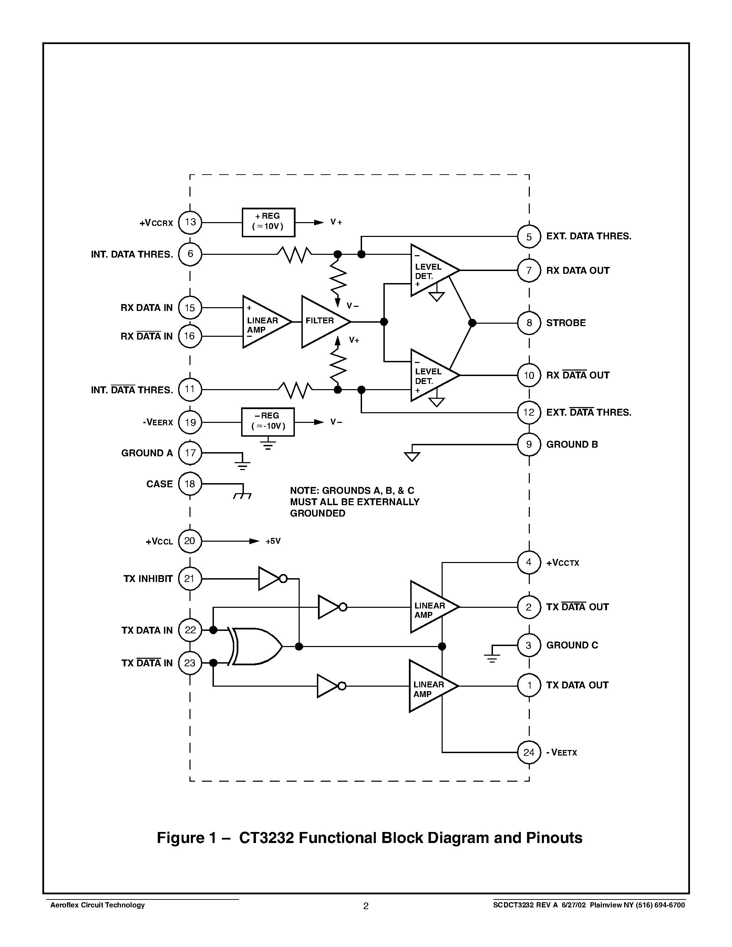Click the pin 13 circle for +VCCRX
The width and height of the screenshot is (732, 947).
(190, 222)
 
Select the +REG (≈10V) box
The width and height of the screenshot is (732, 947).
(268, 222)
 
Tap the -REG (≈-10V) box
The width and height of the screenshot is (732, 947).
(268, 422)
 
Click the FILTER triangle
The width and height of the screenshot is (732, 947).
(323, 322)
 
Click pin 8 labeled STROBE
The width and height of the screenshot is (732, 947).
(529, 323)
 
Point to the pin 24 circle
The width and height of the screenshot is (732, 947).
(529, 752)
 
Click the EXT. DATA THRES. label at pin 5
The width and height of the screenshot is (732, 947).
(588, 236)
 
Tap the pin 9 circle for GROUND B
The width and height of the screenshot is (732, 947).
(529, 445)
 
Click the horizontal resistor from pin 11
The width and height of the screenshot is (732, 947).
(295, 389)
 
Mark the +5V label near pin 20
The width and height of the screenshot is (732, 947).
(273, 541)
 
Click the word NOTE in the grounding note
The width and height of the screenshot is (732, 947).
(303, 490)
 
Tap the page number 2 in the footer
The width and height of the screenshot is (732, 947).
(365, 906)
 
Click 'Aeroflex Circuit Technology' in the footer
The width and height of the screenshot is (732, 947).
(97, 905)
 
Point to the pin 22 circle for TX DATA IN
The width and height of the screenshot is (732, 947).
(190, 630)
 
